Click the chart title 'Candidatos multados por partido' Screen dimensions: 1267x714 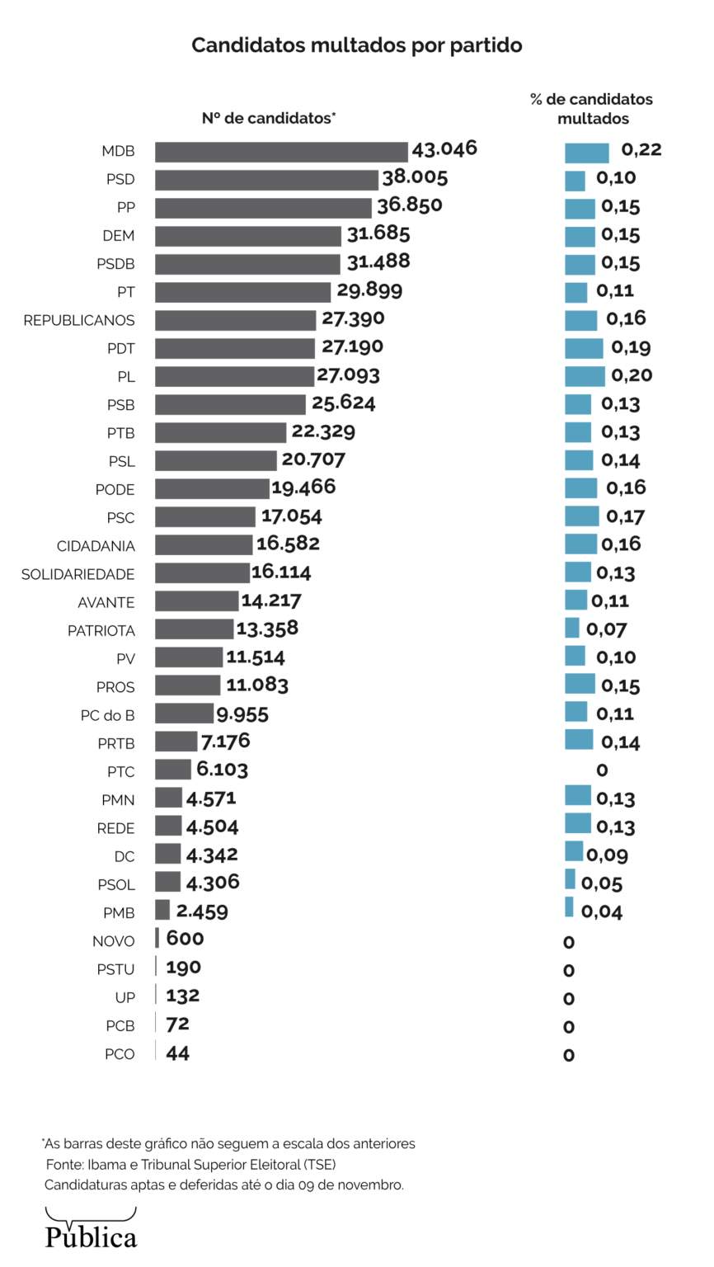point(357,45)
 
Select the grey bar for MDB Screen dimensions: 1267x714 point(281,152)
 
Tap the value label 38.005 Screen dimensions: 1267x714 point(415,177)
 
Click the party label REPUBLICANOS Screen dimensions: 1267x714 point(79,320)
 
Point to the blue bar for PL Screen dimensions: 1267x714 point(585,376)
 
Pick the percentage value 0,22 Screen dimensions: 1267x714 point(641,149)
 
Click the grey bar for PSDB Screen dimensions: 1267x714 point(247,264)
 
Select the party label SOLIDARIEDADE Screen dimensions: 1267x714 point(78,574)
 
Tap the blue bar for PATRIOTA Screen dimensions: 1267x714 point(572,629)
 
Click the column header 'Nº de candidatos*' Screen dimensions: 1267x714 point(269,119)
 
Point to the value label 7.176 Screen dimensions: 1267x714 point(225,742)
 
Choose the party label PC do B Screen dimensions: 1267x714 point(108,715)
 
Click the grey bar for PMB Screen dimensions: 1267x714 point(162,911)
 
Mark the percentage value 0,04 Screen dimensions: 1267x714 point(602,911)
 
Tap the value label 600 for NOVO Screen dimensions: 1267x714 point(185,939)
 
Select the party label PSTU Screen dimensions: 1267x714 point(115,969)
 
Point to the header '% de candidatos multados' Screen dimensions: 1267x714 point(591,109)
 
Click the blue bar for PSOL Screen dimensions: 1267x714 point(570,879)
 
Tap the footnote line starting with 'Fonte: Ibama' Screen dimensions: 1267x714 point(190,1165)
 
